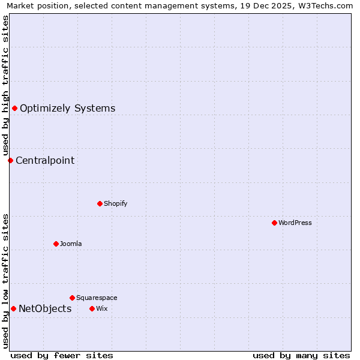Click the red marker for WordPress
274,223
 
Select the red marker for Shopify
100,203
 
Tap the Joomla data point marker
56,244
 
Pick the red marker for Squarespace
72,298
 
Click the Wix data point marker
92,308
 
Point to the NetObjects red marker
13,308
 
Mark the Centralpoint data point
10,160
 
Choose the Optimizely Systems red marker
14,108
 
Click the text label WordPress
295,223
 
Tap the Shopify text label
115,203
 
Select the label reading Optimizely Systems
67,109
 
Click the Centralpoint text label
45,161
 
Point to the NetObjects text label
45,309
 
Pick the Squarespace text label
97,298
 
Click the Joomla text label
71,244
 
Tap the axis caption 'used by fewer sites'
62,355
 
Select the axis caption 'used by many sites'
301,355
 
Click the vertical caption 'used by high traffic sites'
5,85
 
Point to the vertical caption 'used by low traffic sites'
5,281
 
